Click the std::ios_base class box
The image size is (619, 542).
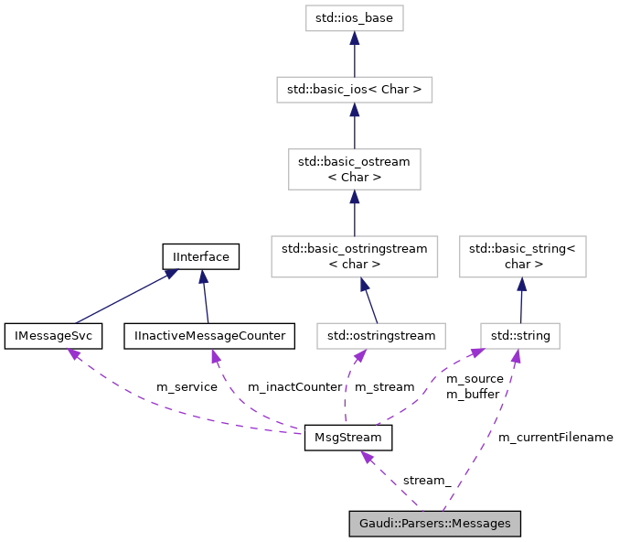[354, 16]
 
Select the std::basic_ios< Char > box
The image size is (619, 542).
[354, 90]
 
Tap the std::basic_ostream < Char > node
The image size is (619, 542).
[354, 169]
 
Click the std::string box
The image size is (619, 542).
[520, 336]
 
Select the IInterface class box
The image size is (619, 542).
[200, 256]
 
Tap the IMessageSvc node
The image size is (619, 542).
[53, 336]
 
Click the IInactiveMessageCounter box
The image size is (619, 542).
[209, 336]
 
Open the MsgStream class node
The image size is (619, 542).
[348, 438]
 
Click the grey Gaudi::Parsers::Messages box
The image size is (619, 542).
[434, 524]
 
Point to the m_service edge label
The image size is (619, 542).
[187, 387]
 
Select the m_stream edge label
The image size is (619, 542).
[384, 387]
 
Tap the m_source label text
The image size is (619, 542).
[475, 378]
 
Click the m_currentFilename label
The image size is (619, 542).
[555, 438]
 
